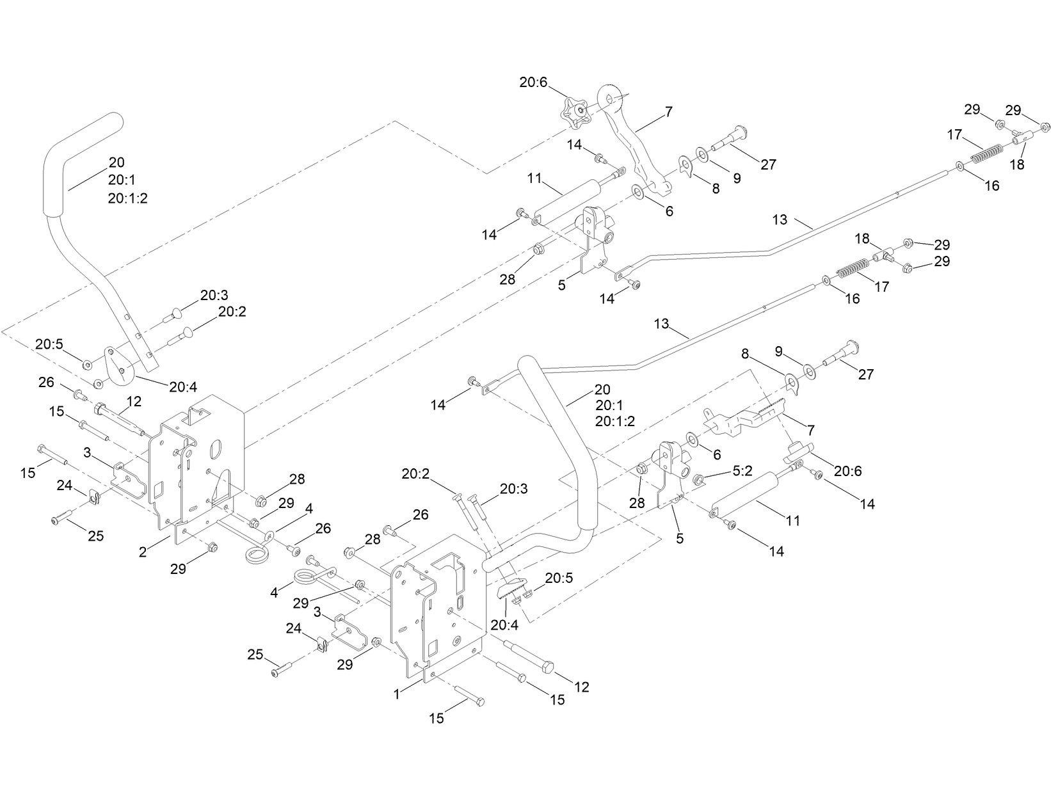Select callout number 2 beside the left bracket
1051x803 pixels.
[x=143, y=552]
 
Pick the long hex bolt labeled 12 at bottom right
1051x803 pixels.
[x=534, y=656]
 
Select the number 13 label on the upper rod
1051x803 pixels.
[x=780, y=219]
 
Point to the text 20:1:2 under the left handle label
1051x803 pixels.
[x=128, y=198]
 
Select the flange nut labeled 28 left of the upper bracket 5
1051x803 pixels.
[x=540, y=248]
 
